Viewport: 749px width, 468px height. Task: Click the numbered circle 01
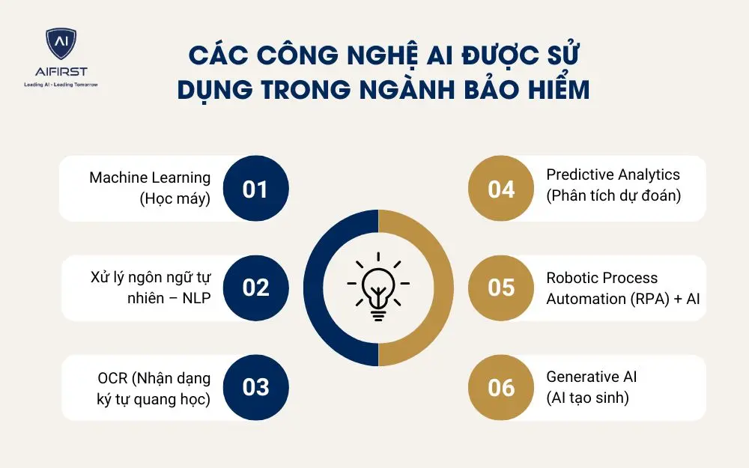pyautogui.click(x=255, y=189)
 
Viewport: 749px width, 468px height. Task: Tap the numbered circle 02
pyautogui.click(x=255, y=288)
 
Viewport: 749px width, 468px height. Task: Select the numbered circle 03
pyautogui.click(x=255, y=386)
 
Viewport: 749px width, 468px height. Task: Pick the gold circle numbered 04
pyautogui.click(x=501, y=189)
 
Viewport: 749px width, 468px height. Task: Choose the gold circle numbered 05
pyautogui.click(x=501, y=288)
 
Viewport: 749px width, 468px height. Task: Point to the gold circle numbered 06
pyautogui.click(x=501, y=386)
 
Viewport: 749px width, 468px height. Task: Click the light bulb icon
pyautogui.click(x=378, y=287)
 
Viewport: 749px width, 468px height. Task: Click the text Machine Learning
pyautogui.click(x=150, y=177)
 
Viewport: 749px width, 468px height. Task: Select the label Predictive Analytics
pyautogui.click(x=613, y=174)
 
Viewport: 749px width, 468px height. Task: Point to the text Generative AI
pyautogui.click(x=591, y=377)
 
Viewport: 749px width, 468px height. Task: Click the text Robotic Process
pyautogui.click(x=601, y=278)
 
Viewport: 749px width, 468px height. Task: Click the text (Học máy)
pyautogui.click(x=174, y=198)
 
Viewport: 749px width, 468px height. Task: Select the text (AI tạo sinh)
pyautogui.click(x=587, y=398)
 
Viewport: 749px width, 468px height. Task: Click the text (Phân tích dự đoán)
pyautogui.click(x=613, y=195)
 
